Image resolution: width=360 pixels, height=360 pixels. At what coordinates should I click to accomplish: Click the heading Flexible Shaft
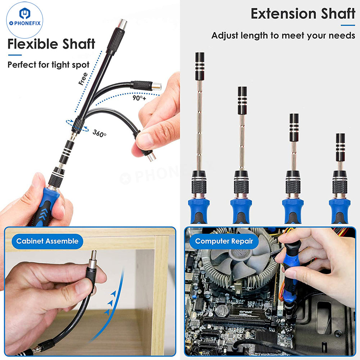click(51, 44)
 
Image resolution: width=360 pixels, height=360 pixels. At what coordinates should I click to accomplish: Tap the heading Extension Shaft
click(302, 14)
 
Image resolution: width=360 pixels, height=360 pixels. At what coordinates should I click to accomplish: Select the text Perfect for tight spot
click(49, 65)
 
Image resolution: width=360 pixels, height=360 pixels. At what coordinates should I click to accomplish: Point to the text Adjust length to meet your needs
click(283, 36)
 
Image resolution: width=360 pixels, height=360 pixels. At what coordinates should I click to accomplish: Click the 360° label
click(99, 133)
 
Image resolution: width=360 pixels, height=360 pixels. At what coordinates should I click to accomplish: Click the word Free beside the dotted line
click(83, 79)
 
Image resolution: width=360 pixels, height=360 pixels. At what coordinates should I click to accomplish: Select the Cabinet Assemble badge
click(47, 241)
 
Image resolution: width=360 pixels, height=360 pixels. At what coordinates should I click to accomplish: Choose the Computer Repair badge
click(224, 241)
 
